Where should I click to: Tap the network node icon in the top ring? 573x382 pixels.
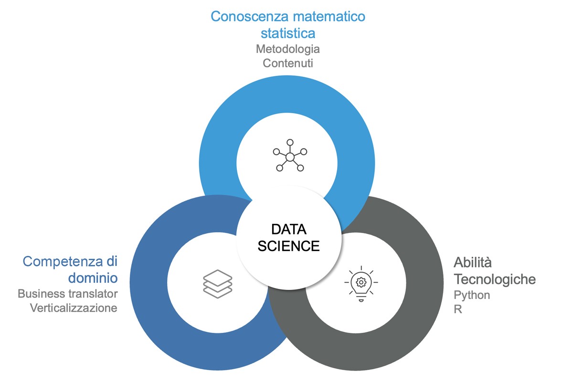point(289,156)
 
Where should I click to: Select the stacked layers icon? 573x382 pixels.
point(217,284)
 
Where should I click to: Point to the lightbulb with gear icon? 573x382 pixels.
point(361,283)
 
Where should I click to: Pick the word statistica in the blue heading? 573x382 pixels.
point(288,33)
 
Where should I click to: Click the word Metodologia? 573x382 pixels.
point(288,49)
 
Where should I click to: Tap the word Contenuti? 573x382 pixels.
point(288,63)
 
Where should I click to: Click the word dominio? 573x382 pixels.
point(93,277)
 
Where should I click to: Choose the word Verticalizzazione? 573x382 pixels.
point(74,308)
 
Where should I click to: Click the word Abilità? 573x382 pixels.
point(473,262)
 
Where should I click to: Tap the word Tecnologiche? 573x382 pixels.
point(495,279)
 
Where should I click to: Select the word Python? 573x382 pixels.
point(472,295)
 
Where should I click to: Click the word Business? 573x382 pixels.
point(40,293)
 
